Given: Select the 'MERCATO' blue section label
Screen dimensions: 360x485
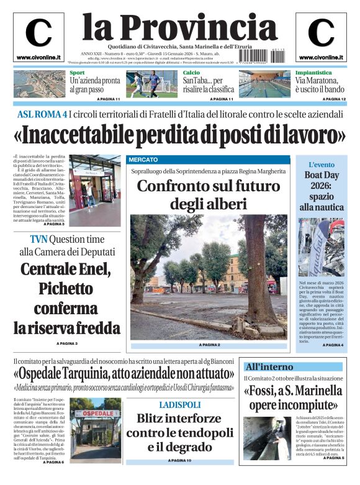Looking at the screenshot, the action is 143,160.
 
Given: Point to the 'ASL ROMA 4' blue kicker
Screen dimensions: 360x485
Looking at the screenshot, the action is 42,114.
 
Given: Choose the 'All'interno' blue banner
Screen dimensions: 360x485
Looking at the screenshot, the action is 269,366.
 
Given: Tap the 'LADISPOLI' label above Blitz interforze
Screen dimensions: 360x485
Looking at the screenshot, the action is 181,405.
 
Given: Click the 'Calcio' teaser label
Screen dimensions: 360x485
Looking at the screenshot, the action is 191,73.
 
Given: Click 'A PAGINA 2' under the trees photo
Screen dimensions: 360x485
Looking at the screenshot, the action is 209,345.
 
